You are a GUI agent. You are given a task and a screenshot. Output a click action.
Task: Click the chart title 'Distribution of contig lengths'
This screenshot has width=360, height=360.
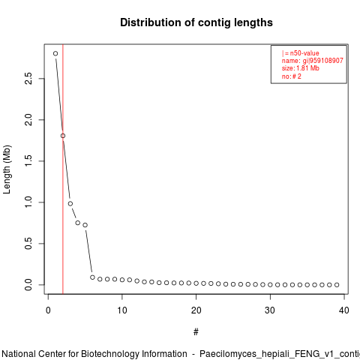pos(196,22)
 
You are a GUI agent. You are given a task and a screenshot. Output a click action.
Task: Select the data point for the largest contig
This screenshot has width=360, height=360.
pos(55,53)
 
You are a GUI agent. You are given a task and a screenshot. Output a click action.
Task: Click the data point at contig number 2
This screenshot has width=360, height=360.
pos(63,136)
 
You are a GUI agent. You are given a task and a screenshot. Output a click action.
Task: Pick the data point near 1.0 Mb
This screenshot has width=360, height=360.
pos(70,204)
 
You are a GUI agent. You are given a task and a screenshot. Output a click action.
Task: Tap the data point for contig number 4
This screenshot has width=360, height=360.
pos(78,223)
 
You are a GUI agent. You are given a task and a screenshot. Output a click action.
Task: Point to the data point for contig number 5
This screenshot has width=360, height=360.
pos(85,225)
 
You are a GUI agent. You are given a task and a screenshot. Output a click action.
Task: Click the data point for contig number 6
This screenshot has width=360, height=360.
pos(92,277)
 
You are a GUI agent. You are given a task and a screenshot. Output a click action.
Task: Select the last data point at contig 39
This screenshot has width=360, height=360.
pos(337,285)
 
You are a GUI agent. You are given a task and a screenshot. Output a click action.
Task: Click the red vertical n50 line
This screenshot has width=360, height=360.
pos(63,169)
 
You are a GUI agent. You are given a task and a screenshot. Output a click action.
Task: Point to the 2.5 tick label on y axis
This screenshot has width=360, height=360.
pos(28,79)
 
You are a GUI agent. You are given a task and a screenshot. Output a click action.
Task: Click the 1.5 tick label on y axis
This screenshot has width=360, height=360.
pos(28,161)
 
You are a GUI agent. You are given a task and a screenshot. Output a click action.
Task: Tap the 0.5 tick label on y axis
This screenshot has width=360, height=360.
pos(28,244)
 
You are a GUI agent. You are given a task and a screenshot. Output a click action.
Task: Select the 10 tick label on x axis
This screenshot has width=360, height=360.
pos(122,310)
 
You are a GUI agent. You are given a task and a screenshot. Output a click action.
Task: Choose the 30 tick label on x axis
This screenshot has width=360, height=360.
pos(270,310)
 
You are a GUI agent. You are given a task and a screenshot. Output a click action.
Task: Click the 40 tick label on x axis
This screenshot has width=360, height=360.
pos(344,310)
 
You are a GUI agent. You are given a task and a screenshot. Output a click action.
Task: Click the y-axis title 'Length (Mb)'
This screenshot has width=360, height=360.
pos(7,169)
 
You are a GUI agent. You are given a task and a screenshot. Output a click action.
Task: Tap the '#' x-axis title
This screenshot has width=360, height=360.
pos(196,332)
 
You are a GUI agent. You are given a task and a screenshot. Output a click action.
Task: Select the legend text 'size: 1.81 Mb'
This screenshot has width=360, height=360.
pos(301,68)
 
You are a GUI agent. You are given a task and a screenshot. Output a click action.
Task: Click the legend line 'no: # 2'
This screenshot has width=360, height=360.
pos(292,76)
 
